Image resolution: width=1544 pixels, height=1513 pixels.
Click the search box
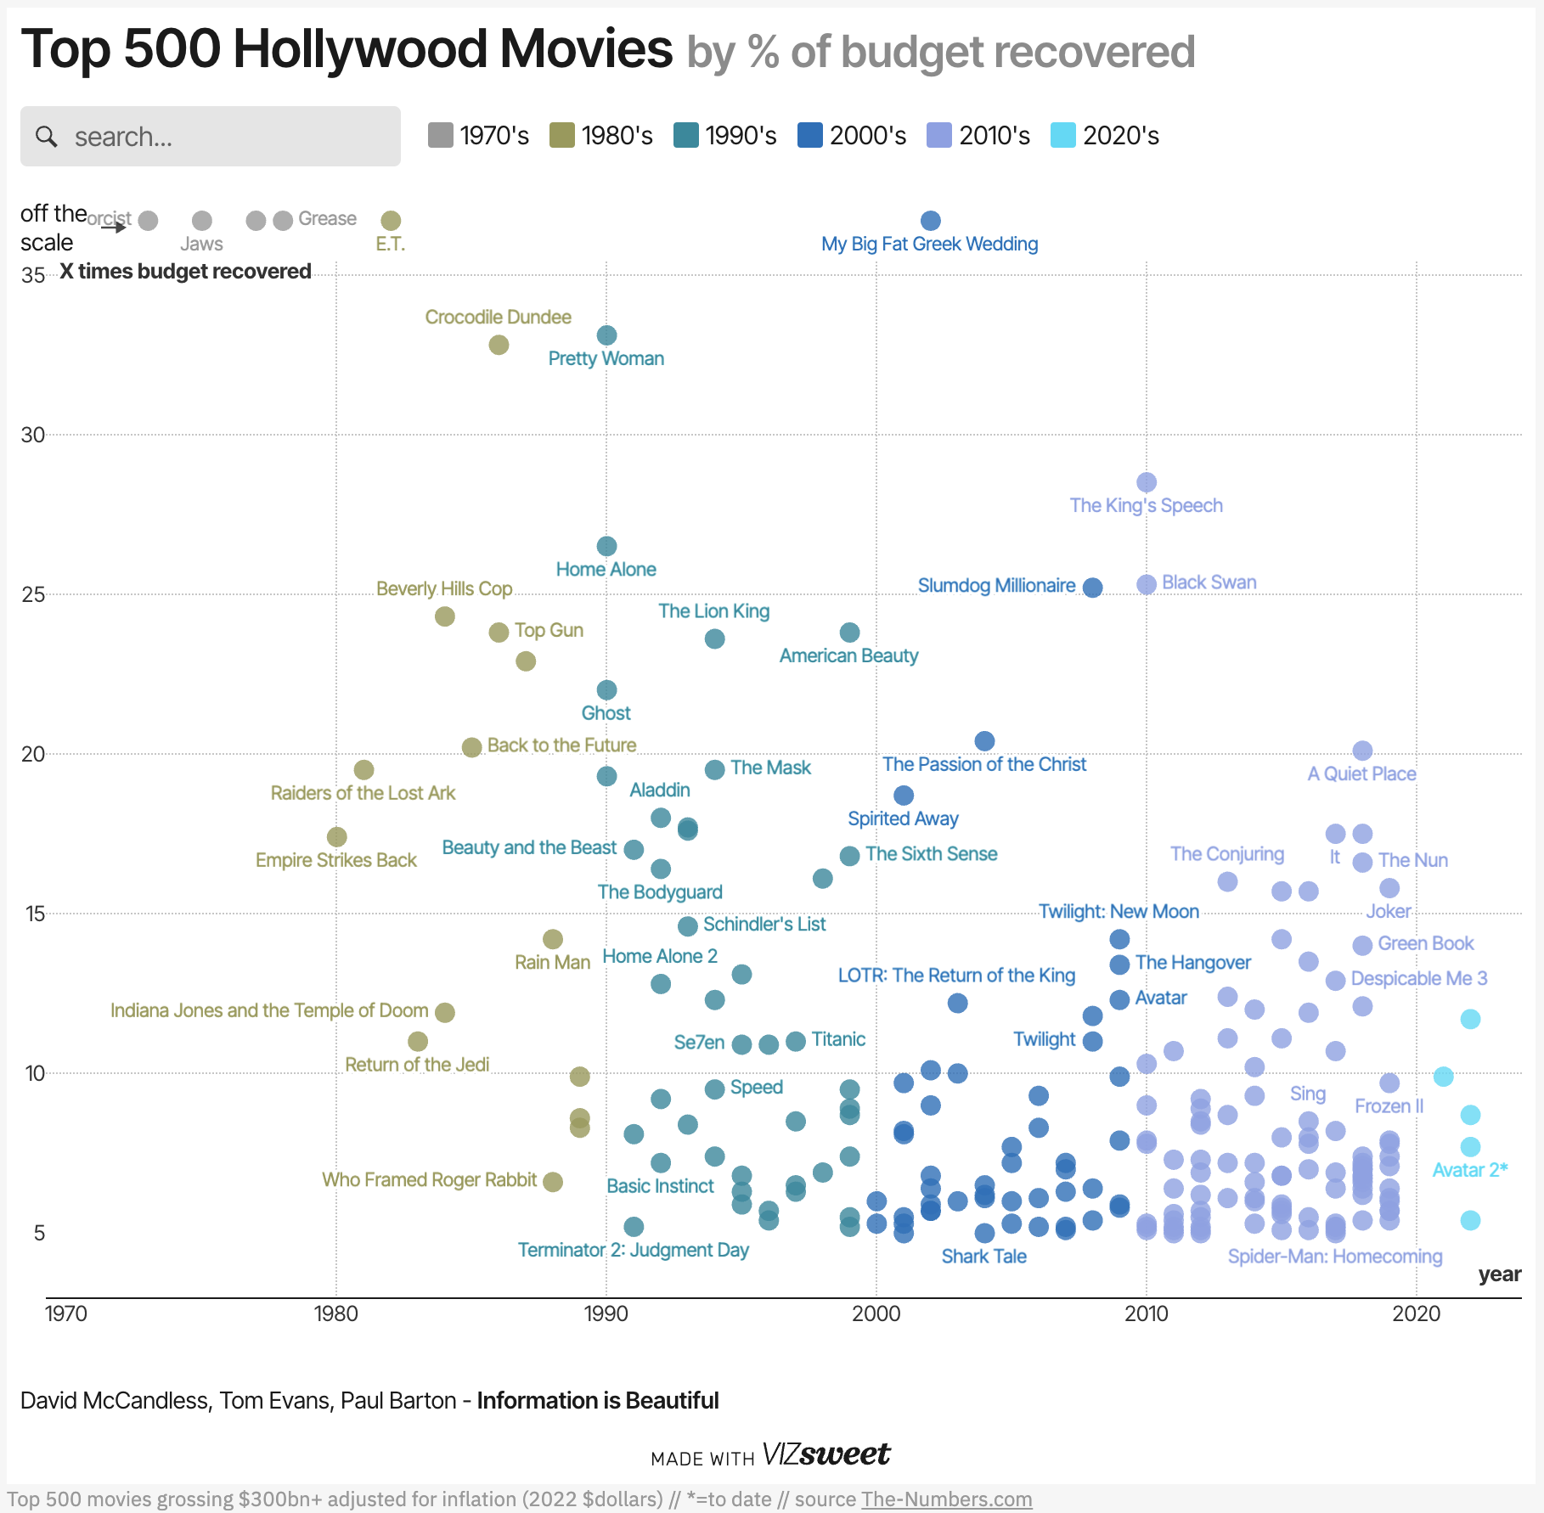(x=210, y=136)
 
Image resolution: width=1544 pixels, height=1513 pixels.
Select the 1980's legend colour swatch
(x=562, y=135)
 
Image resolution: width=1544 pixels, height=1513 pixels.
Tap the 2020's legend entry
(x=1105, y=135)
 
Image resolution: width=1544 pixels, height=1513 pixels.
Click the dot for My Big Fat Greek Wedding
(x=930, y=221)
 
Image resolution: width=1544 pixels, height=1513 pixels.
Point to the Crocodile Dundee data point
(x=499, y=345)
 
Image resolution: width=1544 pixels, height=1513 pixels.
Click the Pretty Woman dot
(x=606, y=335)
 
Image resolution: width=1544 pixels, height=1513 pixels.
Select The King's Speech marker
(x=1146, y=482)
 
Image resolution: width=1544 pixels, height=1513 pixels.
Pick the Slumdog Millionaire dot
(x=1092, y=588)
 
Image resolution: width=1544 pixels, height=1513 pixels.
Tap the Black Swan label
(x=1209, y=582)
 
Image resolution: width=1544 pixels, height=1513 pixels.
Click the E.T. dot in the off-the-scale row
(x=391, y=221)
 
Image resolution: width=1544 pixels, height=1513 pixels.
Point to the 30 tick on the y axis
(x=33, y=435)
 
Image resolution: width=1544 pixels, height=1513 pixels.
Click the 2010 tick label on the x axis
(x=1146, y=1313)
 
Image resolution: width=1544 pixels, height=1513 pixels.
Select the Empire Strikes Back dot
(x=336, y=837)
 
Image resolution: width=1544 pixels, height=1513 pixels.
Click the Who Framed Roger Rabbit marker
(x=553, y=1182)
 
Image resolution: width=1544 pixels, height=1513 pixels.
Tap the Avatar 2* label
(x=1469, y=1170)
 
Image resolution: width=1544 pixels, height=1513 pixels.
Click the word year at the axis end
(x=1499, y=1274)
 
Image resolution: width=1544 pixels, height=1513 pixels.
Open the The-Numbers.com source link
(x=946, y=1499)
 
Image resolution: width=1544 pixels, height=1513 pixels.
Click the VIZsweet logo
(x=826, y=1454)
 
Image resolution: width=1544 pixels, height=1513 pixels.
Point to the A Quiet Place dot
(x=1362, y=751)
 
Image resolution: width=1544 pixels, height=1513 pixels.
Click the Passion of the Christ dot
(x=984, y=741)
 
